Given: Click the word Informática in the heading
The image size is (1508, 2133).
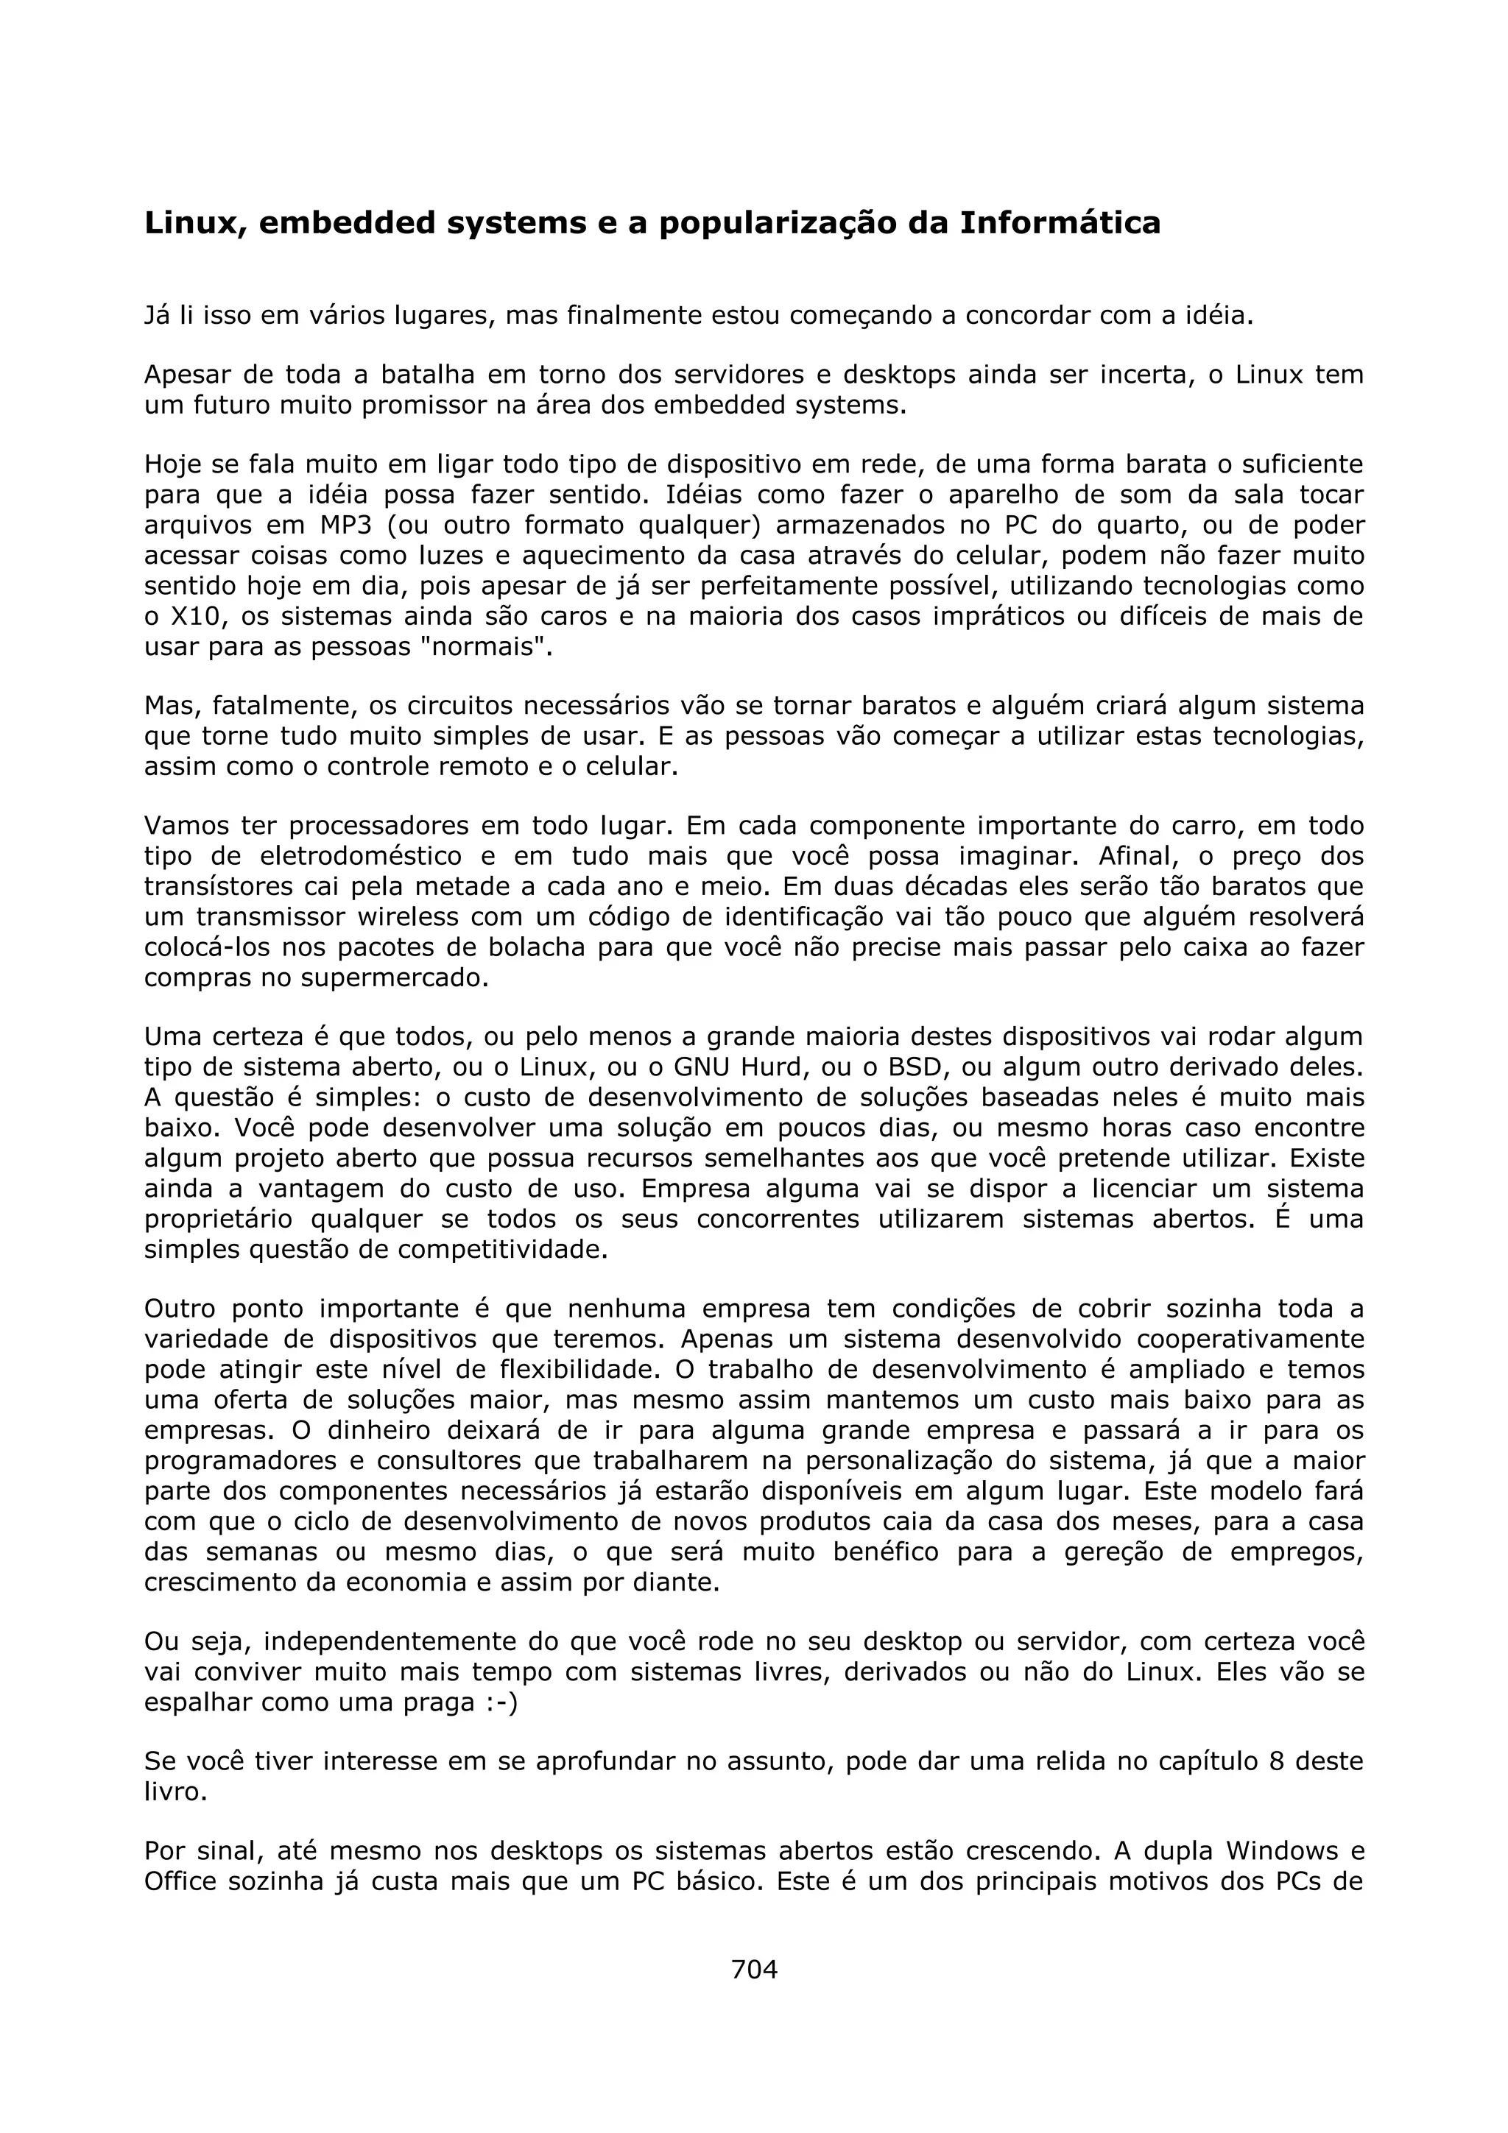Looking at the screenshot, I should coord(1060,224).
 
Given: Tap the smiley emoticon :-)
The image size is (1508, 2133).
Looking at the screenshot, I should coord(501,1703).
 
